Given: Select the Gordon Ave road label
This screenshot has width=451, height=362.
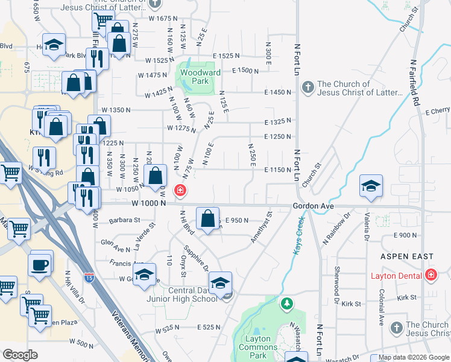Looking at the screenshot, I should (x=313, y=206).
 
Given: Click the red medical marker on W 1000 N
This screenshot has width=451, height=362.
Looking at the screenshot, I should (x=180, y=191).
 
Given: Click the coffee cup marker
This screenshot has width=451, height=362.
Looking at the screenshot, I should (x=40, y=264).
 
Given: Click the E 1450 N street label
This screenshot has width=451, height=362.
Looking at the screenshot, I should (x=277, y=92).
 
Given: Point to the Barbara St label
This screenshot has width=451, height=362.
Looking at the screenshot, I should (x=124, y=220).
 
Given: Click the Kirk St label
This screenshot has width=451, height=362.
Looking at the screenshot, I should (x=408, y=297).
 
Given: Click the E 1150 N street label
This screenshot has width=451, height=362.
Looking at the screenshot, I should (x=277, y=170).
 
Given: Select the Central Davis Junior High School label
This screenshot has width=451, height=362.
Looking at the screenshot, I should (x=181, y=294).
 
